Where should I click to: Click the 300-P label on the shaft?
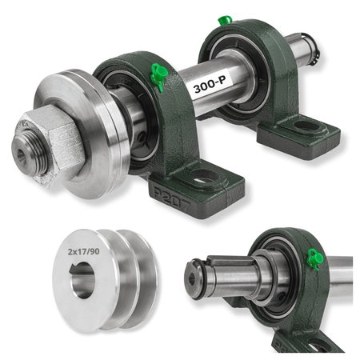pyautogui.click(x=208, y=85)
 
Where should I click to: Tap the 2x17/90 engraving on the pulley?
pyautogui.click(x=83, y=251)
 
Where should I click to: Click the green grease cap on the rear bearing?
pyautogui.click(x=224, y=20)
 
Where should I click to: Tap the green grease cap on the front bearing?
pyautogui.click(x=159, y=75)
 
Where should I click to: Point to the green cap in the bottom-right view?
pyautogui.click(x=315, y=258)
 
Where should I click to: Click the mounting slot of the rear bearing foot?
pyautogui.click(x=307, y=126)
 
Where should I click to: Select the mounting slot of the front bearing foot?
pyautogui.click(x=206, y=176)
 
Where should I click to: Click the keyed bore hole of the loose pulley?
pyautogui.click(x=82, y=280)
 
